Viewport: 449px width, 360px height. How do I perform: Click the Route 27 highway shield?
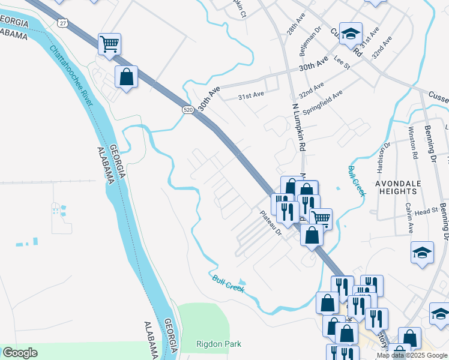click(x=63, y=22)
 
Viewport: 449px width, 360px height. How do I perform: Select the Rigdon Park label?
click(x=218, y=344)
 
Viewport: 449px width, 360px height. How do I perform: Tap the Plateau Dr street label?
click(x=271, y=222)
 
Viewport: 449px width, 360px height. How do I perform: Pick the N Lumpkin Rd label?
click(x=299, y=127)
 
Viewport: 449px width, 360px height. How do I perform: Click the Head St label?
click(x=427, y=212)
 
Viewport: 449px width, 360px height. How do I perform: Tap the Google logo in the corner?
click(x=20, y=353)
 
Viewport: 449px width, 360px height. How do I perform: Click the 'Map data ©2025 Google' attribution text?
click(x=412, y=355)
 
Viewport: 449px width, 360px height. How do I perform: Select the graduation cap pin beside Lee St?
click(x=349, y=33)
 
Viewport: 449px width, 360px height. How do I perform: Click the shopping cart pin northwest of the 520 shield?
click(x=109, y=44)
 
